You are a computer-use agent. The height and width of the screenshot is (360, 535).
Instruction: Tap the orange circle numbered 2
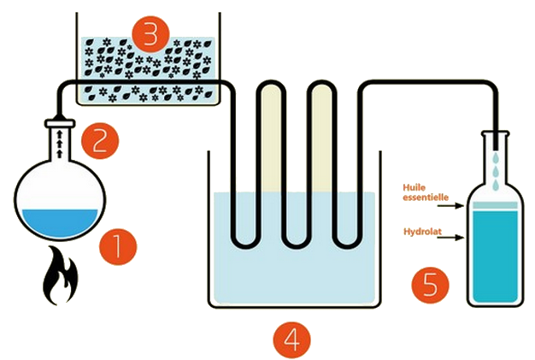click(100, 139)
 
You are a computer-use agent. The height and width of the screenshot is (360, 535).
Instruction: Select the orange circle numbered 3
click(150, 36)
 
